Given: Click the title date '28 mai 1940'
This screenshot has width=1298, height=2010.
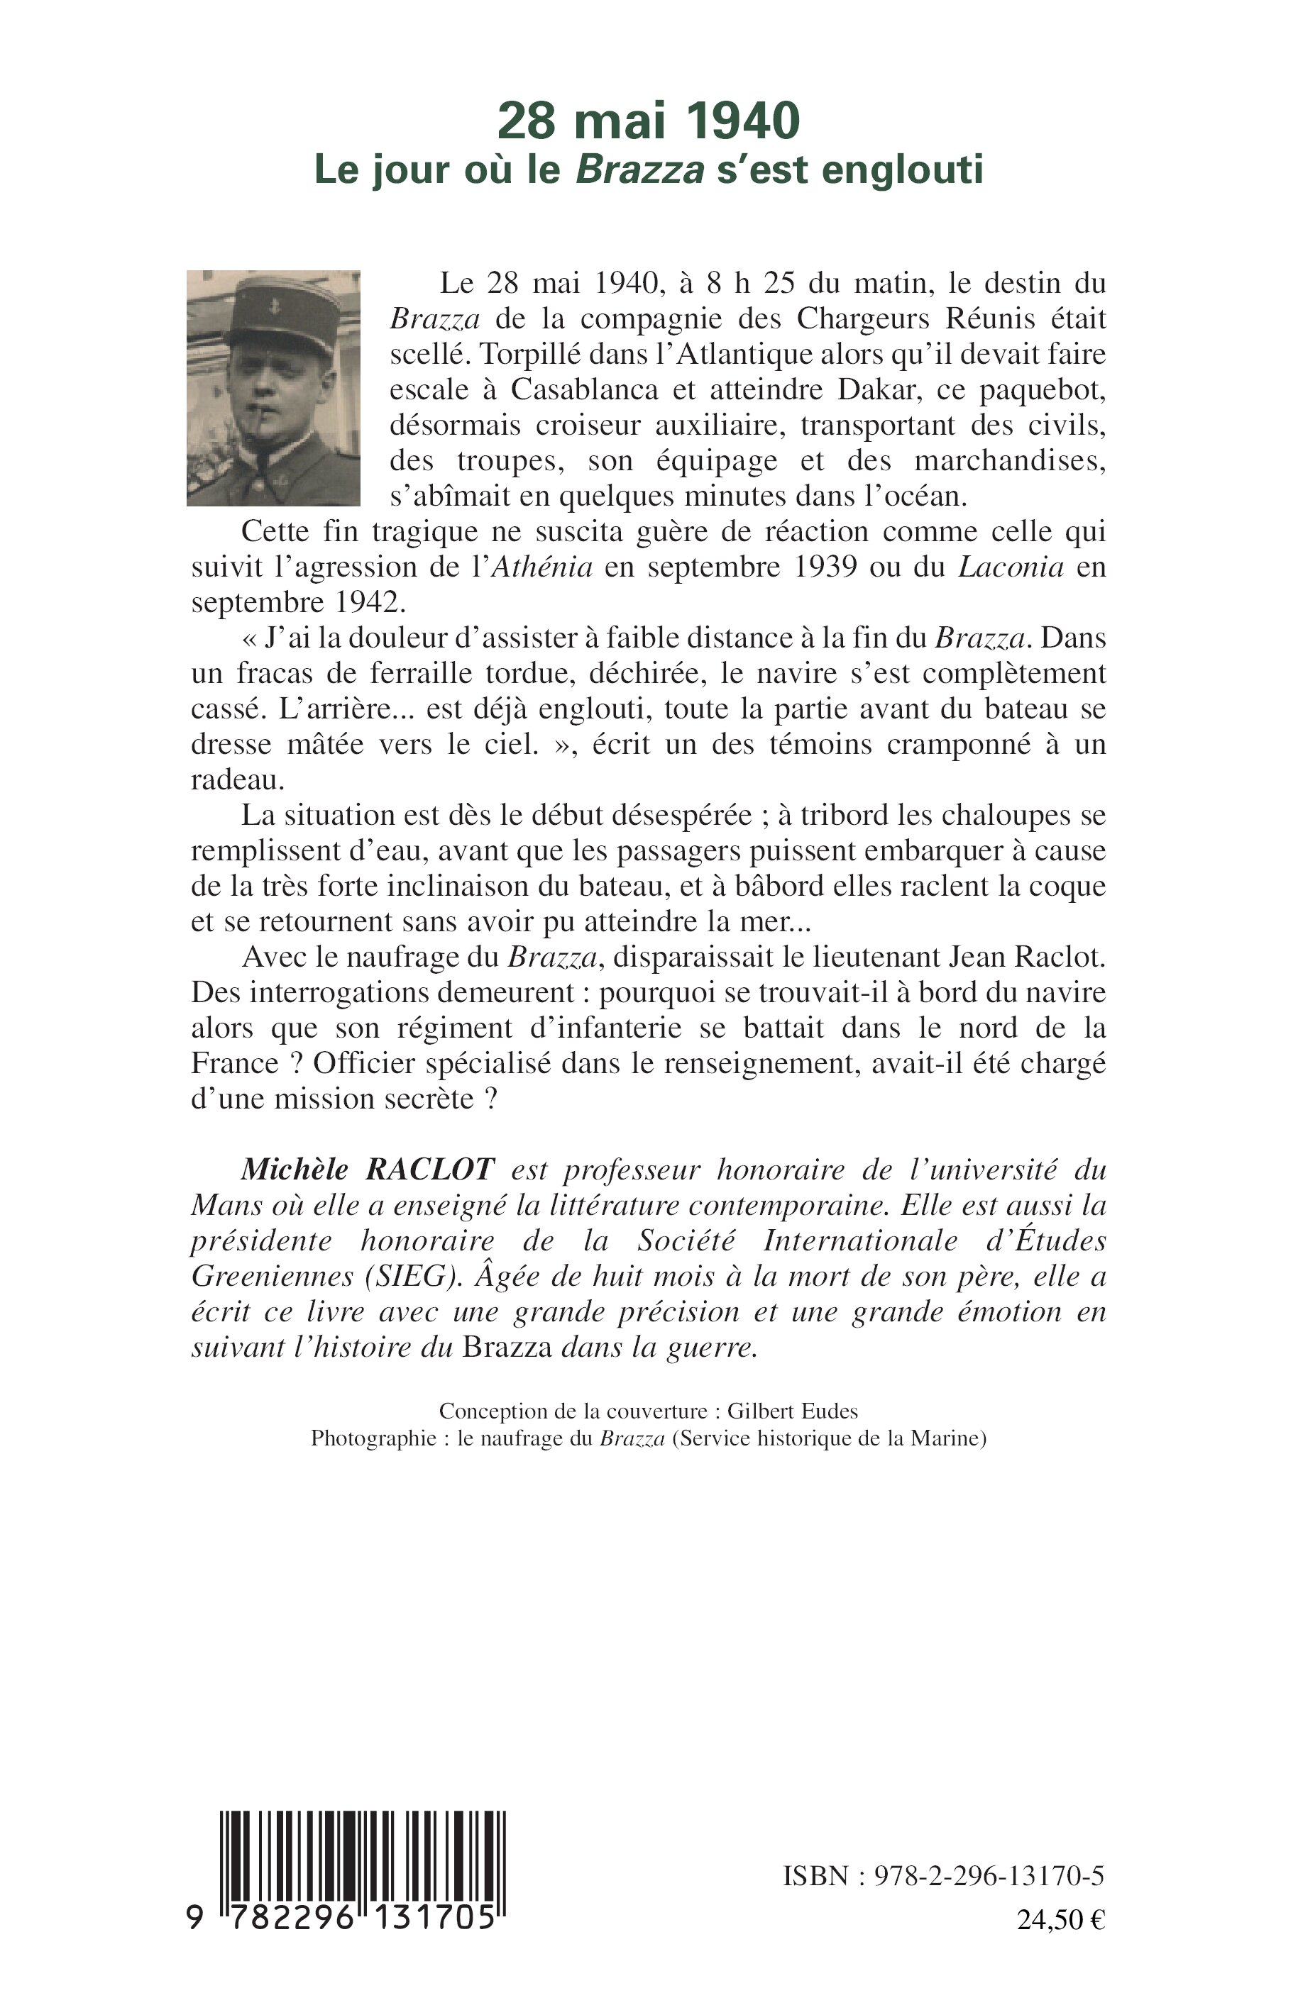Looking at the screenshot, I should pos(647,121).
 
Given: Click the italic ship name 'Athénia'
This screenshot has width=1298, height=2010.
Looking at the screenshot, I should pos(541,567).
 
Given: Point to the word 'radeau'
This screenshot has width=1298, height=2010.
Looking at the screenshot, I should pos(237,780).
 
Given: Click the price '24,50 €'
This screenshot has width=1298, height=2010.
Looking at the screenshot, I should pos(1060,1919).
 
